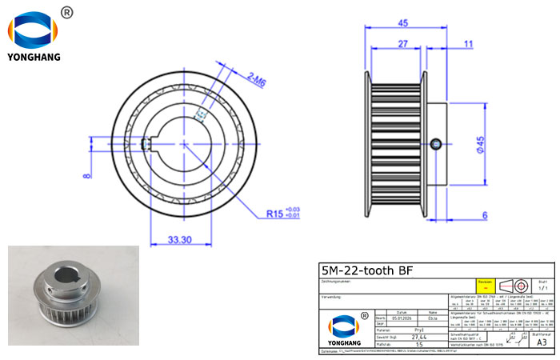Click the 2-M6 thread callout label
(x=257, y=78)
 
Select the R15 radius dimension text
(x=278, y=214)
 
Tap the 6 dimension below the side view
(x=485, y=215)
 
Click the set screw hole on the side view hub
(x=434, y=144)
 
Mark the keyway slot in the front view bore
(x=145, y=144)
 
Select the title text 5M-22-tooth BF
(x=366, y=270)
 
